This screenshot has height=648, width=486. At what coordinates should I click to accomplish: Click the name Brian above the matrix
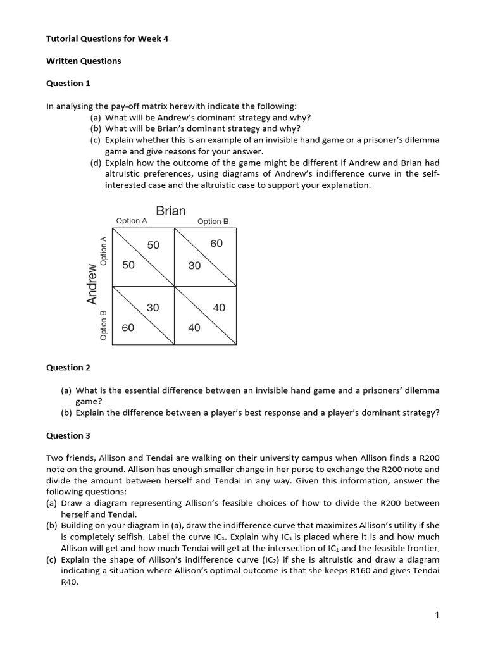[x=171, y=211]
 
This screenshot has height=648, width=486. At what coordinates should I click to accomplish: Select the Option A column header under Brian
[x=132, y=221]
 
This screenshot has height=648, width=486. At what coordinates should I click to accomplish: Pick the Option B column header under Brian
[x=213, y=221]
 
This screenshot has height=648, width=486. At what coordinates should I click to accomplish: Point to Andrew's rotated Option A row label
[x=104, y=250]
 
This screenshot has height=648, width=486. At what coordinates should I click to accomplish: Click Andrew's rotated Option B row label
[x=104, y=325]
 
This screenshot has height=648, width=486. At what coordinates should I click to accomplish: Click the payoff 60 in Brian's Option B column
[x=216, y=244]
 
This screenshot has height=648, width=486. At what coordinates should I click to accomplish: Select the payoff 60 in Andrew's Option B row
[x=128, y=327]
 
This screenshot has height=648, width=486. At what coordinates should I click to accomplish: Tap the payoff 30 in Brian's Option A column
[x=153, y=308]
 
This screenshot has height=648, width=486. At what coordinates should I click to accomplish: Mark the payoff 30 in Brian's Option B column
[x=194, y=266]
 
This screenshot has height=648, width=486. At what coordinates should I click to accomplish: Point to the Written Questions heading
[x=84, y=61]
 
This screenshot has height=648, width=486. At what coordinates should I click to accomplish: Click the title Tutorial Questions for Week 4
[x=108, y=39]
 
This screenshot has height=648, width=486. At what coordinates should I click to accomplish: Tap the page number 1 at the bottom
[x=437, y=614]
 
